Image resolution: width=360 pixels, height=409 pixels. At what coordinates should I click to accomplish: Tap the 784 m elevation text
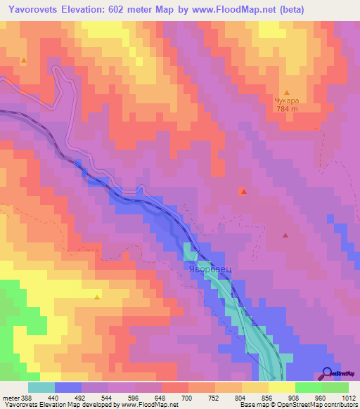pyautogui.click(x=287, y=110)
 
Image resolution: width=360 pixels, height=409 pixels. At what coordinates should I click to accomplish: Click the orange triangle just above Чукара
pyautogui.click(x=287, y=92)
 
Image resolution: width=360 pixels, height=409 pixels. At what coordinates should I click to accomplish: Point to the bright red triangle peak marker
pyautogui.click(x=243, y=191)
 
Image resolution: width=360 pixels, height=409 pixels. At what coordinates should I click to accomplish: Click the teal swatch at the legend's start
pyautogui.click(x=41, y=387)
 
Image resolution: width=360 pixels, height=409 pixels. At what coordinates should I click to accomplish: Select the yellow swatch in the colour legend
pyautogui.click(x=281, y=387)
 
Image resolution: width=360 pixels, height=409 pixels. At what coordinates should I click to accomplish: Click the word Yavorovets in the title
pyautogui.click(x=32, y=9)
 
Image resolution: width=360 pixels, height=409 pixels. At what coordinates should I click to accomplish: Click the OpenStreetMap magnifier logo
pyautogui.click(x=328, y=373)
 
